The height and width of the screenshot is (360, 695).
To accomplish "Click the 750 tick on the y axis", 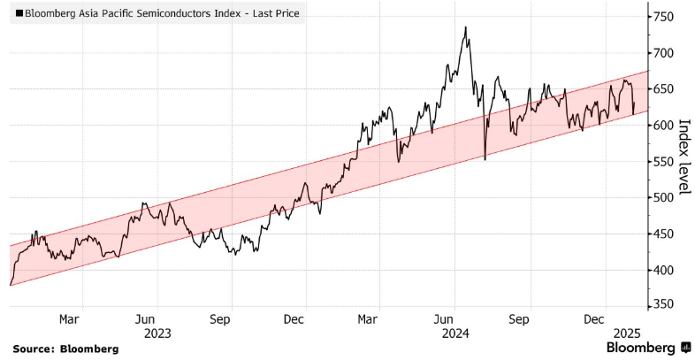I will pyautogui.click(x=663, y=17).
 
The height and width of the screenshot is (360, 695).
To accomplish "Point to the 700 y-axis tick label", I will pyautogui.click(x=663, y=53).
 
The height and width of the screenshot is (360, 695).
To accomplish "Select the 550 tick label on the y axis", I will pyautogui.click(x=663, y=162).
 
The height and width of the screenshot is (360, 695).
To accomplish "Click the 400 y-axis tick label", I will pyautogui.click(x=663, y=270).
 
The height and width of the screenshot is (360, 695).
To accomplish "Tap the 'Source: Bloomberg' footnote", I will pyautogui.click(x=65, y=349).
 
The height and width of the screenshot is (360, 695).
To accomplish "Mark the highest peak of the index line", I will pyautogui.click(x=465, y=27).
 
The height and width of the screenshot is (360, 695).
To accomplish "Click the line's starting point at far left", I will pyautogui.click(x=10, y=285).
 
